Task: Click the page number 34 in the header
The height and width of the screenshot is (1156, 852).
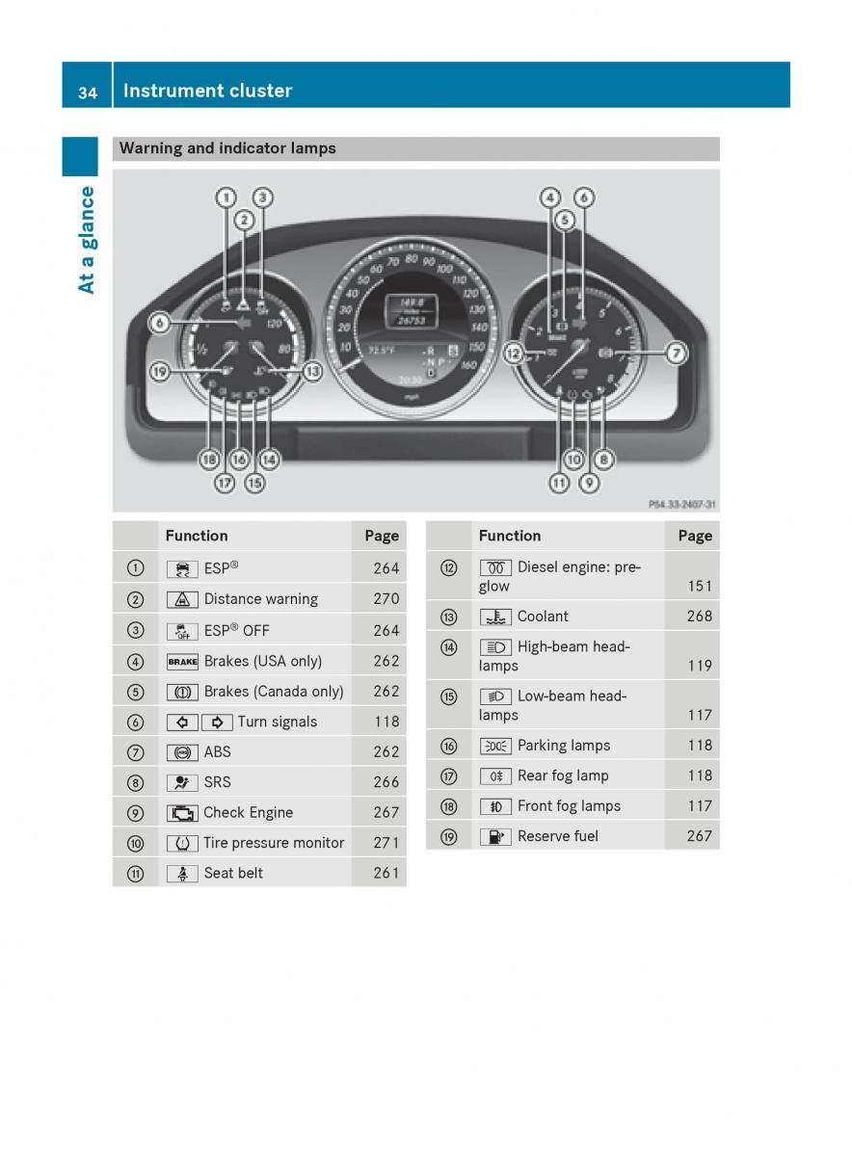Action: point(88,92)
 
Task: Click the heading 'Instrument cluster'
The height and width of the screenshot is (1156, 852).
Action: point(207,91)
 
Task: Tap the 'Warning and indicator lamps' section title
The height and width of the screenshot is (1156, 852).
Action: point(227,148)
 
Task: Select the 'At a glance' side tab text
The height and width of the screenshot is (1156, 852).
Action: point(86,240)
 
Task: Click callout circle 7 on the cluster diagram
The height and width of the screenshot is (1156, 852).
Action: point(677,353)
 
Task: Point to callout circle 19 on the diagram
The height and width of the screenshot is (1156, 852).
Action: point(159,371)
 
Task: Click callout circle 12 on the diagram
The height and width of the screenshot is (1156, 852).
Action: point(514,354)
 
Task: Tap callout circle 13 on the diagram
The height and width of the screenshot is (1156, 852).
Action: point(312,371)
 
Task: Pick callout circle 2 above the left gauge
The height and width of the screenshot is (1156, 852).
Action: point(244,221)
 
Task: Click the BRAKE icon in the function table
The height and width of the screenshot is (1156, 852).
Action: point(182,662)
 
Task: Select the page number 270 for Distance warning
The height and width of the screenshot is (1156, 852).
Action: point(386,598)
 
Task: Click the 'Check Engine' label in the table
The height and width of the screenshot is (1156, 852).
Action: point(248,812)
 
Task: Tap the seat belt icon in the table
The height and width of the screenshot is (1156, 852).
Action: point(182,874)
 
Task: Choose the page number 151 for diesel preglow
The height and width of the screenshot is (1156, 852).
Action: point(700,586)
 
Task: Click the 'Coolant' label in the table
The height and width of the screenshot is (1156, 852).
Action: point(543,617)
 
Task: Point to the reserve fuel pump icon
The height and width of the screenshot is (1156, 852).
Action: point(495,837)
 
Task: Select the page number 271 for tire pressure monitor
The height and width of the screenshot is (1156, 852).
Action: point(386,843)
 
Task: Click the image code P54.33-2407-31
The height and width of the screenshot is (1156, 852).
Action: point(682,504)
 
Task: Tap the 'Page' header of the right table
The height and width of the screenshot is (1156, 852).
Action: point(695,536)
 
